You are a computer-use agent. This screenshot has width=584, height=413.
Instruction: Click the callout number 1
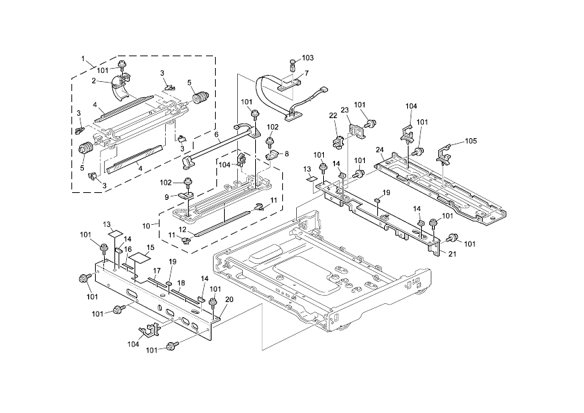(83, 60)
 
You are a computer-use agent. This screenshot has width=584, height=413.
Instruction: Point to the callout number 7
(307, 73)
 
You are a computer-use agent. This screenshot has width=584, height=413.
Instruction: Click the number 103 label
(308, 57)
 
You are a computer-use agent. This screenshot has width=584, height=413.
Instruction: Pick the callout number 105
(471, 141)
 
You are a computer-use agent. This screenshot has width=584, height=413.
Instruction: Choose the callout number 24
(379, 149)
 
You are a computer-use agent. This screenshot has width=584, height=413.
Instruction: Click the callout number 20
(229, 299)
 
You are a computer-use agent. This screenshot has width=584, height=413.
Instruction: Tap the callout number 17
(157, 270)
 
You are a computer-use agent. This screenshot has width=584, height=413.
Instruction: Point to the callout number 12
(182, 230)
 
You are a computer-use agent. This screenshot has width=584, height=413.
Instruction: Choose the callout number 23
(345, 110)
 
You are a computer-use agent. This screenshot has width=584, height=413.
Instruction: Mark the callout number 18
(180, 283)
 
